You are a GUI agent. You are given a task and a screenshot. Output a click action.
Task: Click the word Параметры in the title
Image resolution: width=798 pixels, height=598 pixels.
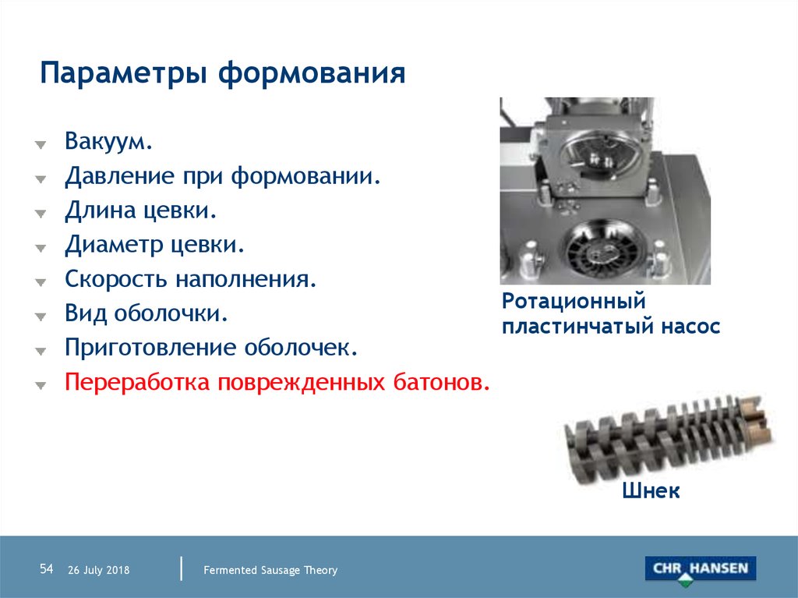click(x=124, y=74)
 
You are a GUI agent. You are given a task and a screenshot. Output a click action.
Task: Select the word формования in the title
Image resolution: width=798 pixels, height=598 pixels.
click(x=312, y=74)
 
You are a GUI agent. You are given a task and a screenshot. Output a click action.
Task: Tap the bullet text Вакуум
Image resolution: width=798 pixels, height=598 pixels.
click(x=109, y=141)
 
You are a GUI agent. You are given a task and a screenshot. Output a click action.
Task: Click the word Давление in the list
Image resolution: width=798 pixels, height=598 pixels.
click(x=119, y=176)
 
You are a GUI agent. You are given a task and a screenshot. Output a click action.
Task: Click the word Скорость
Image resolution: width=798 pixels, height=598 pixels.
click(x=115, y=279)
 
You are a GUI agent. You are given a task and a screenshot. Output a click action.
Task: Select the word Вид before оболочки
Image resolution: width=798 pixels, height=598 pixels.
click(x=86, y=313)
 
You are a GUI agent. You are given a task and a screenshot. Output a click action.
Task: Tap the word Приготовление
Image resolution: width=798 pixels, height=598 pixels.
click(x=150, y=348)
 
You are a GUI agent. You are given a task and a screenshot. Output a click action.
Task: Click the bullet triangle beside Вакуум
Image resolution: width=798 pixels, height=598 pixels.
click(x=41, y=145)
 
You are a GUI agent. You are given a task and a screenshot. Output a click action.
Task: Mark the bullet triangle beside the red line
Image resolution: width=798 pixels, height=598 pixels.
click(x=41, y=386)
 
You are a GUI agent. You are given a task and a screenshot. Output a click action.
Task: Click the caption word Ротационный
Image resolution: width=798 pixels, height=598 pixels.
click(x=574, y=302)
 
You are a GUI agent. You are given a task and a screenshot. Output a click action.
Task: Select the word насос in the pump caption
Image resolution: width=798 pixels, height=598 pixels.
click(x=690, y=327)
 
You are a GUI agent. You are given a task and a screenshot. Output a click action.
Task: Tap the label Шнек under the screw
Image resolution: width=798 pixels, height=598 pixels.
click(x=651, y=490)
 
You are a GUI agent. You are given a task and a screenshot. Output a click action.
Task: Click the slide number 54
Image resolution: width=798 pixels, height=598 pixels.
click(x=46, y=568)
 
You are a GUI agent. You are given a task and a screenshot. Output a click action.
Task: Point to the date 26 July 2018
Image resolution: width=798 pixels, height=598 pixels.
click(x=99, y=570)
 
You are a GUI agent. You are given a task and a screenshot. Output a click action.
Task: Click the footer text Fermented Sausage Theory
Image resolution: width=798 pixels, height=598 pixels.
click(x=270, y=570)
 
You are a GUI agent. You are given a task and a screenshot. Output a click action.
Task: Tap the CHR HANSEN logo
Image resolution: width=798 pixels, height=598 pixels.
click(x=701, y=570)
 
